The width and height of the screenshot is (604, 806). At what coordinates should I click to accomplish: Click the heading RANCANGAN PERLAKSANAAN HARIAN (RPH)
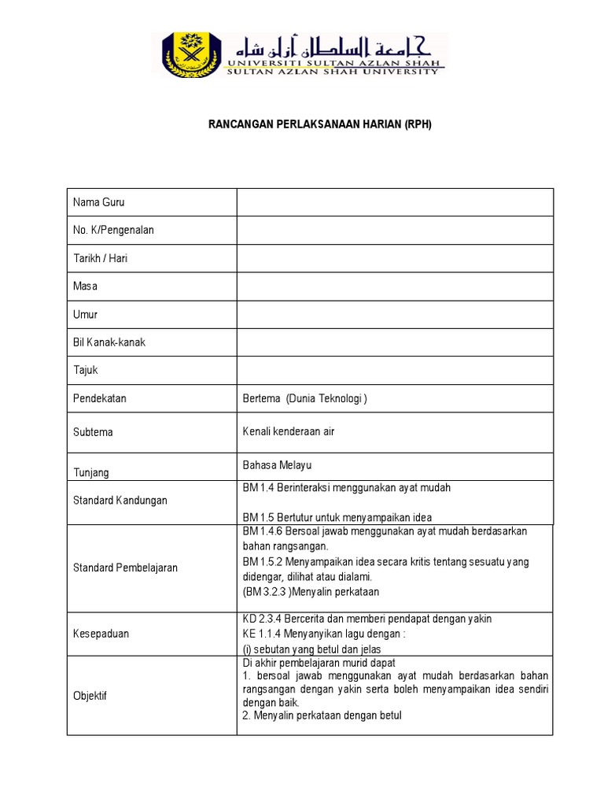pyautogui.click(x=320, y=124)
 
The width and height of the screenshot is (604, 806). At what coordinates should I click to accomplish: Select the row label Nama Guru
pyautogui.click(x=98, y=202)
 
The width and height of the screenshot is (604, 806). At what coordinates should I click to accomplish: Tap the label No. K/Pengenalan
pyautogui.click(x=113, y=230)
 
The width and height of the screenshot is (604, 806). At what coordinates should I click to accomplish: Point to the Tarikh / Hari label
pyautogui.click(x=101, y=258)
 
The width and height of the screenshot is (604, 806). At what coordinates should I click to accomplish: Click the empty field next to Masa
pyautogui.click(x=395, y=286)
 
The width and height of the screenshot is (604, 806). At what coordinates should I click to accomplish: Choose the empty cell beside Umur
pyautogui.click(x=395, y=314)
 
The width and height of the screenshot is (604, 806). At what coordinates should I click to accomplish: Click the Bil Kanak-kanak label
pyautogui.click(x=109, y=342)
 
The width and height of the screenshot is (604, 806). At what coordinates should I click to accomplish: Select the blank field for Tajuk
pyautogui.click(x=395, y=370)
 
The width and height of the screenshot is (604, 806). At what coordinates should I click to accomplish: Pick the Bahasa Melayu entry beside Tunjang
pyautogui.click(x=278, y=465)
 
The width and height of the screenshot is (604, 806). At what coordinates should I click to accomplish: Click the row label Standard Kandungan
pyautogui.click(x=120, y=501)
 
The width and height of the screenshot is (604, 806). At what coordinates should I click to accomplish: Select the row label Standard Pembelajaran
pyautogui.click(x=125, y=568)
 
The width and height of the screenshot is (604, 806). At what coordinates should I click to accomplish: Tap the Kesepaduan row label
pyautogui.click(x=101, y=633)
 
